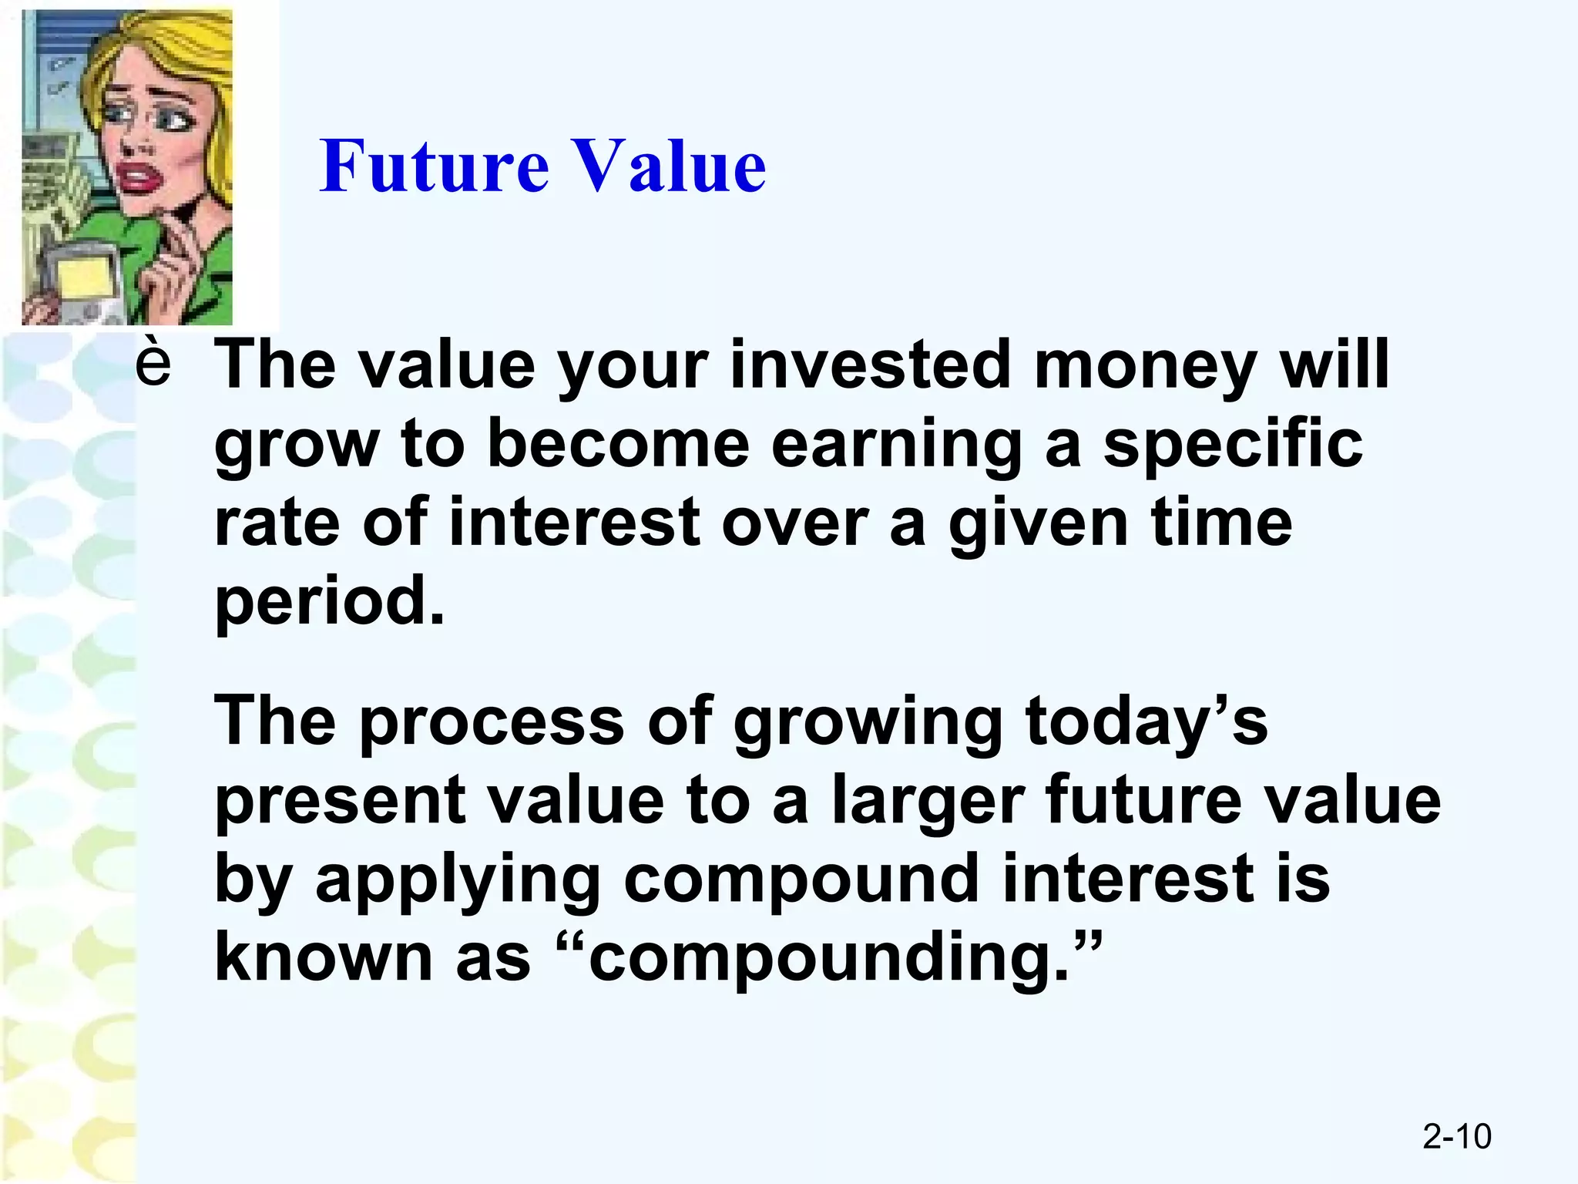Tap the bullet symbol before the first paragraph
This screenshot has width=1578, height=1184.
click(x=153, y=363)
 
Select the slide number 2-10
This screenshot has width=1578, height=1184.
click(x=1456, y=1137)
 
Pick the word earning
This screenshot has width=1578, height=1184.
click(x=896, y=446)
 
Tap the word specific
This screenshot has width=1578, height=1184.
click(x=1233, y=446)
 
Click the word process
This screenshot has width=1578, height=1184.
click(x=492, y=723)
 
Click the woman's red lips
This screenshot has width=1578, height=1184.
click(x=139, y=180)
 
